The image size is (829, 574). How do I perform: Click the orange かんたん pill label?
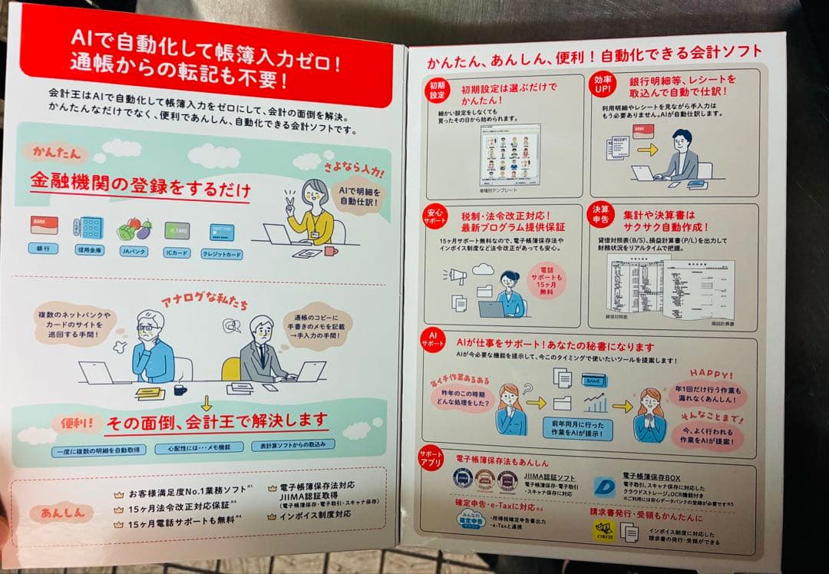click(x=55, y=150)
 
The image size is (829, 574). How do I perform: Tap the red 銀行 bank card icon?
click(x=44, y=225)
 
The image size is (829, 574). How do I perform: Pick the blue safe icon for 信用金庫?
click(x=88, y=227)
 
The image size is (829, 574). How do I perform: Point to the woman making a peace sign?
click(x=308, y=214)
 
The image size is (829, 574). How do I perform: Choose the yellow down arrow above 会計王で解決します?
click(x=206, y=403)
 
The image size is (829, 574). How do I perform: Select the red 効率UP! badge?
click(x=601, y=84)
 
